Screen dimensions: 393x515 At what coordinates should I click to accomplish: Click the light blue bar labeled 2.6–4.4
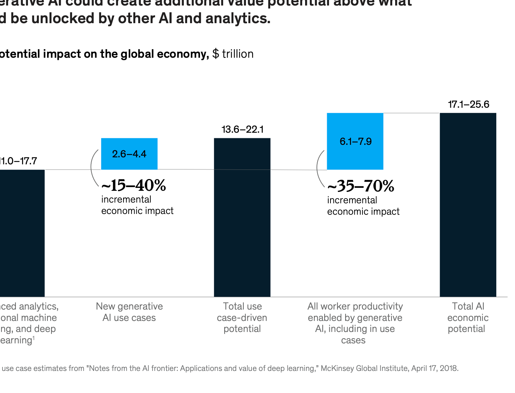pos(129,154)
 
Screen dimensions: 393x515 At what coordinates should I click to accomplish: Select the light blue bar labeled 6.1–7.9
pos(355,141)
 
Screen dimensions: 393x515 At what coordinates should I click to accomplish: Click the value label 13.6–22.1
pos(242,129)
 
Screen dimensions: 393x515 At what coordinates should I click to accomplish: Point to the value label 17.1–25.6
pos(468,104)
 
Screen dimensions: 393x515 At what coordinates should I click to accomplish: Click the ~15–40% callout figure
pos(134,186)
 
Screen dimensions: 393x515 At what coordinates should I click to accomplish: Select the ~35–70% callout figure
pos(361,186)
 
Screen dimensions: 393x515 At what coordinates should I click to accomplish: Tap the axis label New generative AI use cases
pos(129,312)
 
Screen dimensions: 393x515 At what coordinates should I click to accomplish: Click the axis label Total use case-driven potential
pos(242,317)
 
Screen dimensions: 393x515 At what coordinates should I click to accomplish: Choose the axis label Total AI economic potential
pos(468,317)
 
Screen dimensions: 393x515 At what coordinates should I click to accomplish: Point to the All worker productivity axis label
pos(355,323)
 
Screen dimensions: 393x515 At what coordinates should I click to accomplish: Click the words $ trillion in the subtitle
pos(233,54)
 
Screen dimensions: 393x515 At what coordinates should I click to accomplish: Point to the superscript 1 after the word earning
pos(34,338)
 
